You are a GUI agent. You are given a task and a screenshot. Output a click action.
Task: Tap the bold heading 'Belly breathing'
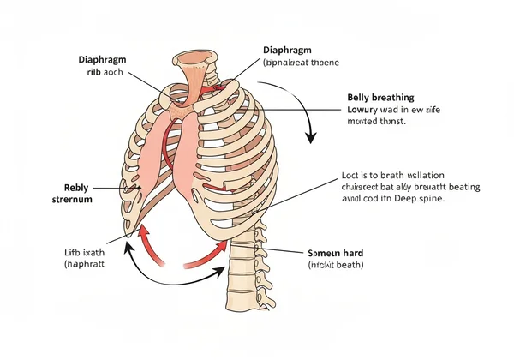(381, 98)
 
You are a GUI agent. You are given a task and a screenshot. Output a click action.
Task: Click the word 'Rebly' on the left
(76, 187)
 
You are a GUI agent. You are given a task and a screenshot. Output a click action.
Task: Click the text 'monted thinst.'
(376, 123)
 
